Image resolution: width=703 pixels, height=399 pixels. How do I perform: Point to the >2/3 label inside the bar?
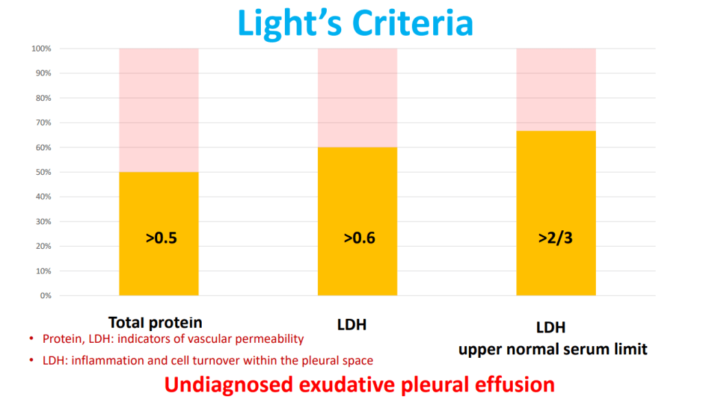(556, 239)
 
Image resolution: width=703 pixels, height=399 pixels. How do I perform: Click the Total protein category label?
(155, 322)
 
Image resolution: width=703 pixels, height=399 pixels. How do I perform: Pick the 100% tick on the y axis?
(41, 49)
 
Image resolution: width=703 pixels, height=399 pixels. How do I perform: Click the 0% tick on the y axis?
(45, 295)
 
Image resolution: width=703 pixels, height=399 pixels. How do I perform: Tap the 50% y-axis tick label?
(43, 172)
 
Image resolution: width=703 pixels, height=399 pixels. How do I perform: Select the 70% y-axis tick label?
(43, 123)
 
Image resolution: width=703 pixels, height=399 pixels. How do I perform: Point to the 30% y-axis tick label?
(43, 221)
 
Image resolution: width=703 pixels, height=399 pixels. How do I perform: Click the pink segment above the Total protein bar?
(159, 110)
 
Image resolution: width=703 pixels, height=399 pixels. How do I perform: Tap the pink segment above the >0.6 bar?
(357, 97)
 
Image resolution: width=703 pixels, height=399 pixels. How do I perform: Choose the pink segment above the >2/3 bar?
(555, 89)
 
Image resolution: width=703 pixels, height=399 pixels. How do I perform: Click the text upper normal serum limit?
(553, 349)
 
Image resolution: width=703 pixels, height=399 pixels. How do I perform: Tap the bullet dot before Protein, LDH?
(31, 339)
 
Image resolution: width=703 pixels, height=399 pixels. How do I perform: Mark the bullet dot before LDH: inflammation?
(31, 361)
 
